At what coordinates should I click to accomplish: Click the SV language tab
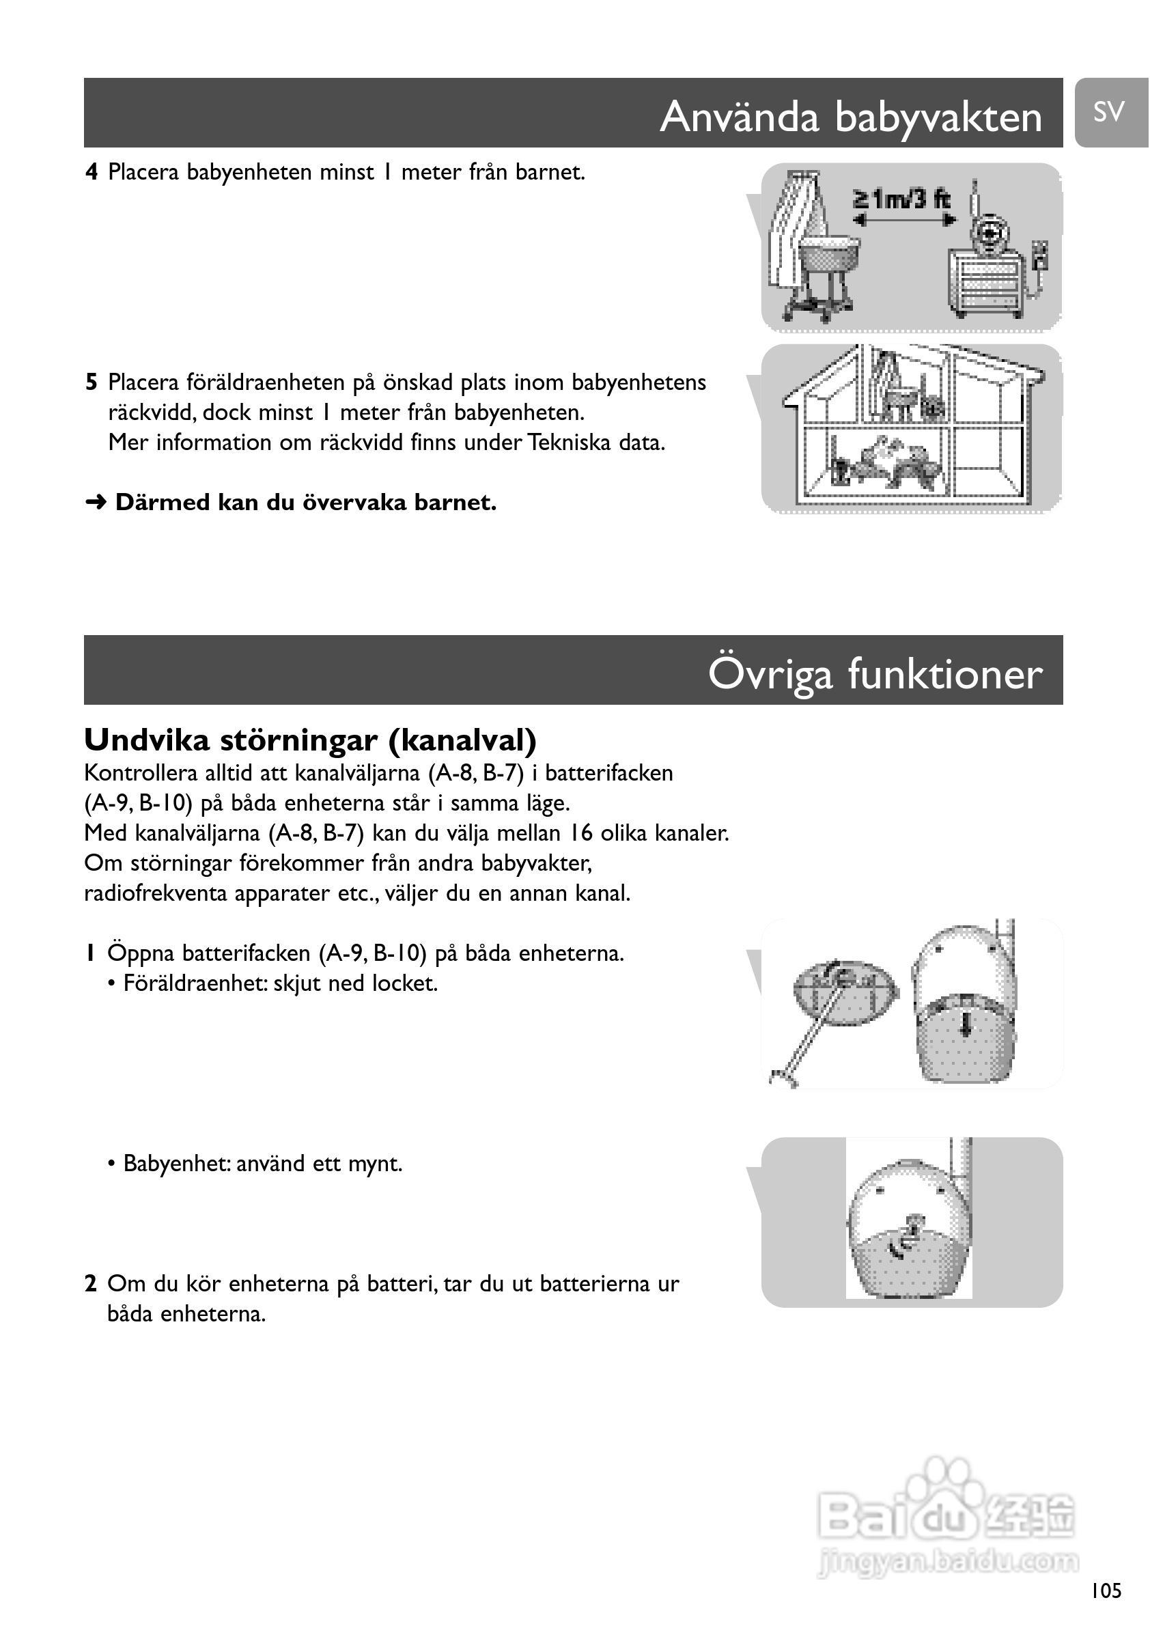click(1109, 112)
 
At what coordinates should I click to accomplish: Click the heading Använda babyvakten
click(850, 116)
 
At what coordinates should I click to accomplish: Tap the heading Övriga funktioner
click(875, 673)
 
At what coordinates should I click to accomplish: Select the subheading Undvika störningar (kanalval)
click(310, 740)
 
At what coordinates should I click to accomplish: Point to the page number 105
click(1106, 1590)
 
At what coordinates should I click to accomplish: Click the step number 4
click(92, 172)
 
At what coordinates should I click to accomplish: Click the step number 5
click(92, 382)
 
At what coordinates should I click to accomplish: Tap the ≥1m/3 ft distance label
click(901, 199)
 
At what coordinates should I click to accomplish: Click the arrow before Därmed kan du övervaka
click(96, 503)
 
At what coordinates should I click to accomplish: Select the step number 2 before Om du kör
click(91, 1284)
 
